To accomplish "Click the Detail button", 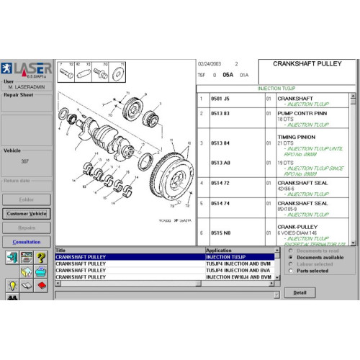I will click(x=300, y=292).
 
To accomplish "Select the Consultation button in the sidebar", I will click(x=27, y=242).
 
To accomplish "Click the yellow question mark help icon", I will click(x=42, y=258).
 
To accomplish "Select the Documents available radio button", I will click(x=290, y=257).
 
